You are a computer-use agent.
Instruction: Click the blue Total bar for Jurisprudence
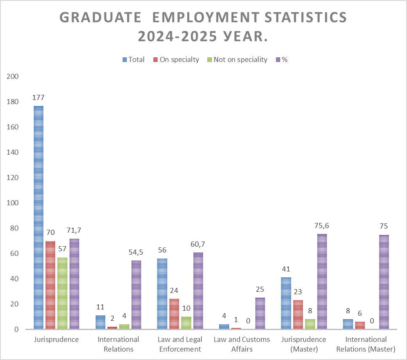[x=38, y=217]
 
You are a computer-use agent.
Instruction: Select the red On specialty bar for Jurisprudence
[x=50, y=285]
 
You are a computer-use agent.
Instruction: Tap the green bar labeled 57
[x=62, y=293]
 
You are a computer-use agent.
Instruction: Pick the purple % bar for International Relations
[x=136, y=295]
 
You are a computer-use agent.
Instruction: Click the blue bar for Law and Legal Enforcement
[x=162, y=294]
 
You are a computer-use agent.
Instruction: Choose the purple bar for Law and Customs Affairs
[x=260, y=313]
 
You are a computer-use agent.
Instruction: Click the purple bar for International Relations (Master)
[x=384, y=282]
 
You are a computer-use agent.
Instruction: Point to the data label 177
[x=38, y=97]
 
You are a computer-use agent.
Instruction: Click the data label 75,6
[x=322, y=226]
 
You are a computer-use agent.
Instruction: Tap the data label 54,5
[x=136, y=252]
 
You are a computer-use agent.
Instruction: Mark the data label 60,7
[x=198, y=244]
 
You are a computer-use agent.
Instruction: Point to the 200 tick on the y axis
[x=13, y=76]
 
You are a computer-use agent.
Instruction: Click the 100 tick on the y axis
[x=13, y=203]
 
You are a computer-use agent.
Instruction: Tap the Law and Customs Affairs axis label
[x=242, y=344]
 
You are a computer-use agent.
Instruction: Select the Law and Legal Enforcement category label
[x=180, y=344]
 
